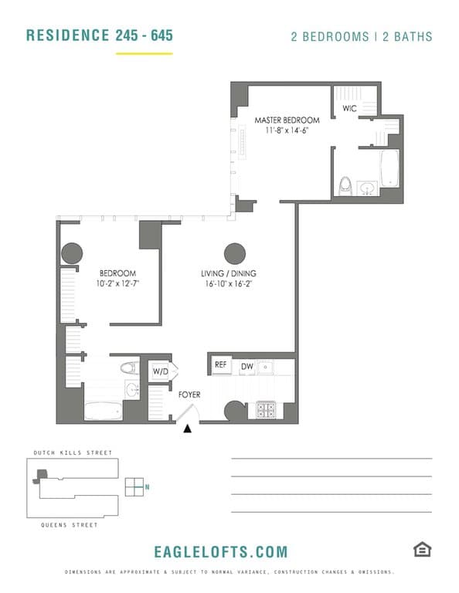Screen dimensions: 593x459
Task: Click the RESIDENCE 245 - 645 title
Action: tap(100, 36)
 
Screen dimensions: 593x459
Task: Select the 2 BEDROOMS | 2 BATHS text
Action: tap(361, 36)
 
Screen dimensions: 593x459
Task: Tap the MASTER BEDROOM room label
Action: tap(287, 120)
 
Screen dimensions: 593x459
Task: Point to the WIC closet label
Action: tap(349, 109)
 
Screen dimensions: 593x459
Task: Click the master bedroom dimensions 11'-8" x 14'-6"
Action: tap(287, 131)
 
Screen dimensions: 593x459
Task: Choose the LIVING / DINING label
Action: tap(229, 273)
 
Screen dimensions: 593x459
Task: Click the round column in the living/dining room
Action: tap(235, 252)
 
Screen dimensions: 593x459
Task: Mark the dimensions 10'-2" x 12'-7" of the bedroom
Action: tap(117, 284)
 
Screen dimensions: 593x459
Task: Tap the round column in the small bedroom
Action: tap(72, 252)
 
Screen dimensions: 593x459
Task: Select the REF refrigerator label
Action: tap(220, 365)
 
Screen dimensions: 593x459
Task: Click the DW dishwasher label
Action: tap(247, 366)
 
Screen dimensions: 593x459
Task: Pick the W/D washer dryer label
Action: tap(161, 371)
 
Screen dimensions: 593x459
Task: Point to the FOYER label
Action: tap(189, 395)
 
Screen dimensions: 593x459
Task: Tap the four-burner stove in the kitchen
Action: tap(267, 410)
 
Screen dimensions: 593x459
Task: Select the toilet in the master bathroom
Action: tap(346, 186)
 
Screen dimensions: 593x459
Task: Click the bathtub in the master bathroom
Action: tap(389, 168)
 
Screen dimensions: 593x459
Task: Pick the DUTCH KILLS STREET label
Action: tap(73, 452)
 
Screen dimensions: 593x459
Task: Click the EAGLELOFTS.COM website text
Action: tap(221, 551)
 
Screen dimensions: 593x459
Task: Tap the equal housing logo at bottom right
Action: tap(421, 549)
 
